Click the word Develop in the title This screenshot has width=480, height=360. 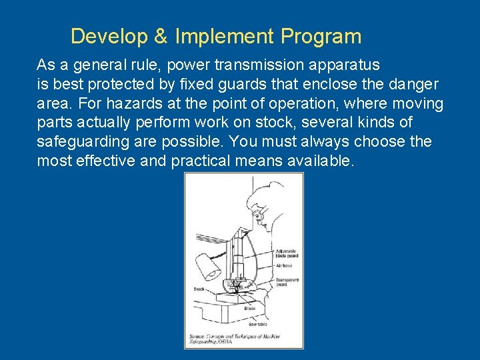tap(109, 36)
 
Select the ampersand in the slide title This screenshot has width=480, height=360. tap(161, 36)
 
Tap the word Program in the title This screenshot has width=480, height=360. tap(321, 37)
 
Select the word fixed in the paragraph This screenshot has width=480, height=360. tap(210, 85)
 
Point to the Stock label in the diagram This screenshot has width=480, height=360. tap(199, 289)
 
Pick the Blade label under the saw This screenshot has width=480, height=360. tap(249, 309)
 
